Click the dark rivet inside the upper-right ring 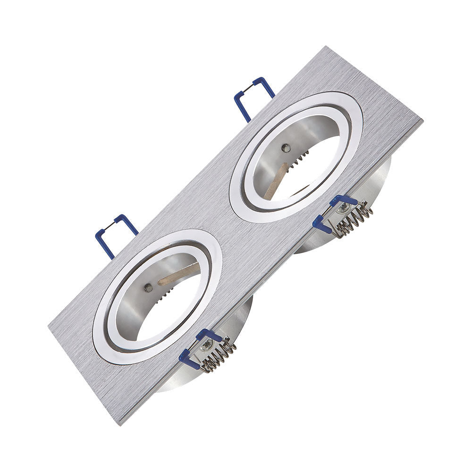pyautogui.click(x=285, y=148)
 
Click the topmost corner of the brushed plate pyautogui.click(x=326, y=47)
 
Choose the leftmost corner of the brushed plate pyautogui.click(x=49, y=326)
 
